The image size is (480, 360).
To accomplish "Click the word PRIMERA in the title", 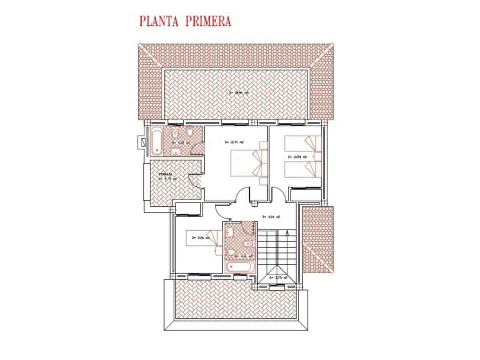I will click(207, 21).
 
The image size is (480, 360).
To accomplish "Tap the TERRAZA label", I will click(165, 174).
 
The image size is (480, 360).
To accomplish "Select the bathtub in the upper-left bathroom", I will click(157, 142).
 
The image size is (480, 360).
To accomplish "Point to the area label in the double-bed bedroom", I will click(234, 142).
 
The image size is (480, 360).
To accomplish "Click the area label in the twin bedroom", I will click(295, 157).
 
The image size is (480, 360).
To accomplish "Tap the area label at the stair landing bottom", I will click(278, 278).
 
